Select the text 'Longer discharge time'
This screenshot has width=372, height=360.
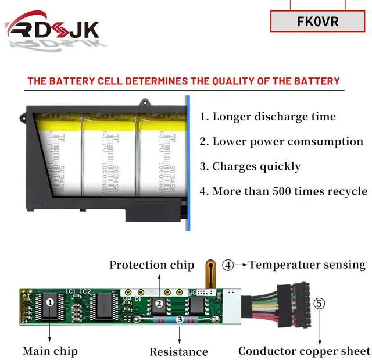coord(268,116)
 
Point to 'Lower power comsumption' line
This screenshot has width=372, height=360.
coord(281,141)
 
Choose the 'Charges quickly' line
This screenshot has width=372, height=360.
coord(251,166)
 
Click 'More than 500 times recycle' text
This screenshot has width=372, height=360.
coord(283,191)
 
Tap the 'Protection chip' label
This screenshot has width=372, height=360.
coord(152,265)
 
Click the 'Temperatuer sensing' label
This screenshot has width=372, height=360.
coord(307,265)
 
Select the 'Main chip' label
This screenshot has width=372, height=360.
coord(50,351)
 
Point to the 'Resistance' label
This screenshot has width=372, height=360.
coord(178,351)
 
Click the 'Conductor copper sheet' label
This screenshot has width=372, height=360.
coord(304,351)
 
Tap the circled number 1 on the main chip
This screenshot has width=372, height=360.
coord(50,302)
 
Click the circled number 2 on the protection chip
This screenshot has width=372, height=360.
coord(158,303)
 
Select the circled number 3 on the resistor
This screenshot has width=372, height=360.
coord(180,319)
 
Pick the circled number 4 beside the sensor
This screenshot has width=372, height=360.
coord(228,265)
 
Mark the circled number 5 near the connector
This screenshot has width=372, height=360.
coord(319,304)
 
